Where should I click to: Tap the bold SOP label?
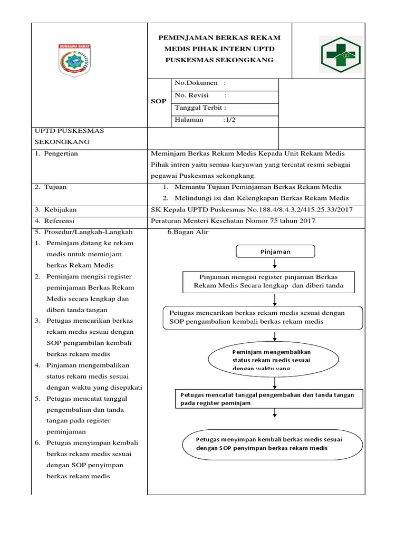click(x=159, y=101)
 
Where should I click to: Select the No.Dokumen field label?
click(x=196, y=83)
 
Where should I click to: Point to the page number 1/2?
click(x=230, y=120)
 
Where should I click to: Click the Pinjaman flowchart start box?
click(x=275, y=252)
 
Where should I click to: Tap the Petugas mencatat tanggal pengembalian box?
click(x=268, y=399)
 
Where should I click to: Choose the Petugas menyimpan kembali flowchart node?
click(x=272, y=443)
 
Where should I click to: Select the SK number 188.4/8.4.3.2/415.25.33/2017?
click(x=300, y=209)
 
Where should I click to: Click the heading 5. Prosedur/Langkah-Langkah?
click(x=84, y=232)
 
